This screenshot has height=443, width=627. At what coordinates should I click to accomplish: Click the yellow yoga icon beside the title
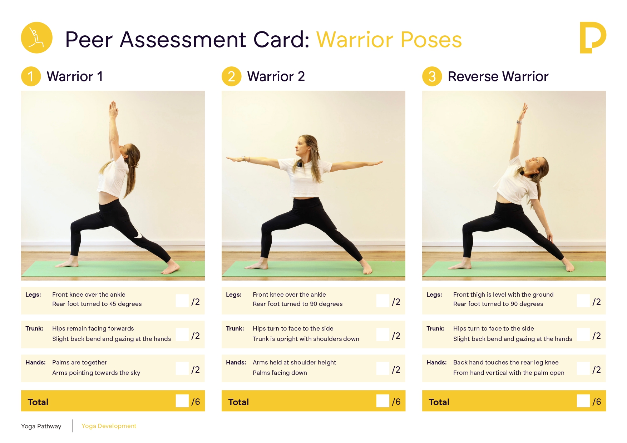pos(37,38)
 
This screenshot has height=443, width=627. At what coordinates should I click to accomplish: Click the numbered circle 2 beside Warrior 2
pos(231,76)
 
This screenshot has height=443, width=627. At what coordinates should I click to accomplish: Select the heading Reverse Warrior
pos(498,76)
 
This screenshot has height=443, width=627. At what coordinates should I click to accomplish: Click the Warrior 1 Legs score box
pos(182,301)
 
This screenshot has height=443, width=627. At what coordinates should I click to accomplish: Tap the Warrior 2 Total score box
pos(382,401)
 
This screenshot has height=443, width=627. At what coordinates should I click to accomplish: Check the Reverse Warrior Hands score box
pos(583,368)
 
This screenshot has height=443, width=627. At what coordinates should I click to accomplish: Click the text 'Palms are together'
pos(79,362)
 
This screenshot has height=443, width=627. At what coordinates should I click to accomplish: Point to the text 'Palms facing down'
pos(280,373)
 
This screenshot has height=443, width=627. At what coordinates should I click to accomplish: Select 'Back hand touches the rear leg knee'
pos(505,362)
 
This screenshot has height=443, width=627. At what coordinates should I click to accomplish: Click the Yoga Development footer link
pos(109,426)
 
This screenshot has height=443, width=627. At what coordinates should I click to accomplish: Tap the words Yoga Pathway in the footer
pos(41,426)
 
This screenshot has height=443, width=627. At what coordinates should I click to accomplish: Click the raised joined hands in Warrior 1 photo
pos(113,109)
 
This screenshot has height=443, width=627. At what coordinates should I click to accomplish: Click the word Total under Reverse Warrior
pos(439,402)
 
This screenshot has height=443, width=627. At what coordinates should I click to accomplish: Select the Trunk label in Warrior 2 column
pos(235,328)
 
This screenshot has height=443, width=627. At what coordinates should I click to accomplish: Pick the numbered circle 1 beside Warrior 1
pos(31,76)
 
